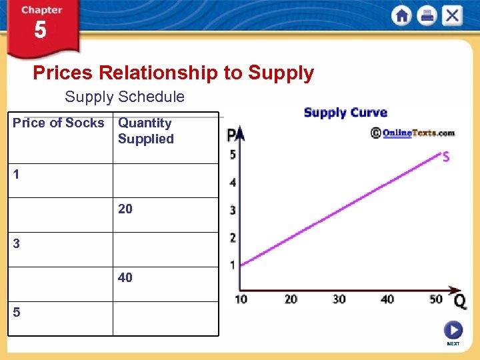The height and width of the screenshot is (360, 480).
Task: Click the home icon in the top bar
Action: click(401, 15)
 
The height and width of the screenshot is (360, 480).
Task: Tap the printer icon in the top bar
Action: click(427, 15)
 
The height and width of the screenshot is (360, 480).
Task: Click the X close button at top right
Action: click(452, 15)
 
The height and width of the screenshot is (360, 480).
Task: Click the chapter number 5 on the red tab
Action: click(41, 31)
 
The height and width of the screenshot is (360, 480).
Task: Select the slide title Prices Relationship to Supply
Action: click(173, 73)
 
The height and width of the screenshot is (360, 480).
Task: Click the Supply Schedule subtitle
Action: click(125, 97)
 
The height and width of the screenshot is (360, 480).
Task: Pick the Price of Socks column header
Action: click(59, 123)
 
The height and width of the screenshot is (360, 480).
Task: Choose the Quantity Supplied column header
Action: click(145, 131)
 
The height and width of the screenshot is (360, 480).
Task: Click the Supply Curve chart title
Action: click(345, 113)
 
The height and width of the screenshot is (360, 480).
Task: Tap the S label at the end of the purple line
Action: click(445, 157)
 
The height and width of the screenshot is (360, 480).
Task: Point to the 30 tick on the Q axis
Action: click(339, 299)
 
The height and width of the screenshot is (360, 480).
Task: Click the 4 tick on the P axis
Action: click(233, 183)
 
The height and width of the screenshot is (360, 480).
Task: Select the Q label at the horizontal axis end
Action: click(459, 301)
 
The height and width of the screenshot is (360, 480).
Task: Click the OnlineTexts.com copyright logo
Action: click(413, 133)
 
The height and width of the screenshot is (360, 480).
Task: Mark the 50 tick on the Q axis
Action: click(436, 299)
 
